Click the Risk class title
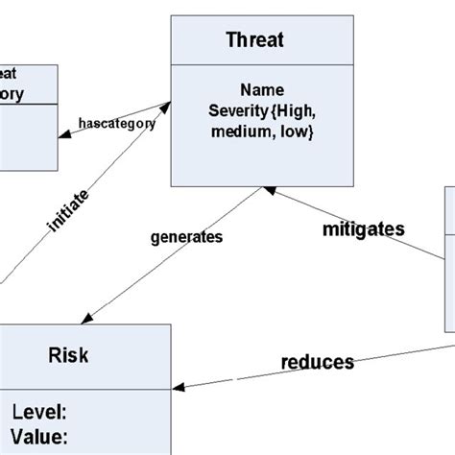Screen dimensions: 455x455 point(67,355)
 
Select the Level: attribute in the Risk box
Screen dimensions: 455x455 point(39,413)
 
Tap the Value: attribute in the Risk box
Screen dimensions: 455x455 point(39,437)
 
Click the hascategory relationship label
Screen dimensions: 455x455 point(118,123)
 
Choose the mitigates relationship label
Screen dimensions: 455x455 point(363,229)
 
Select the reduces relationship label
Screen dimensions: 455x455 point(317,362)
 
